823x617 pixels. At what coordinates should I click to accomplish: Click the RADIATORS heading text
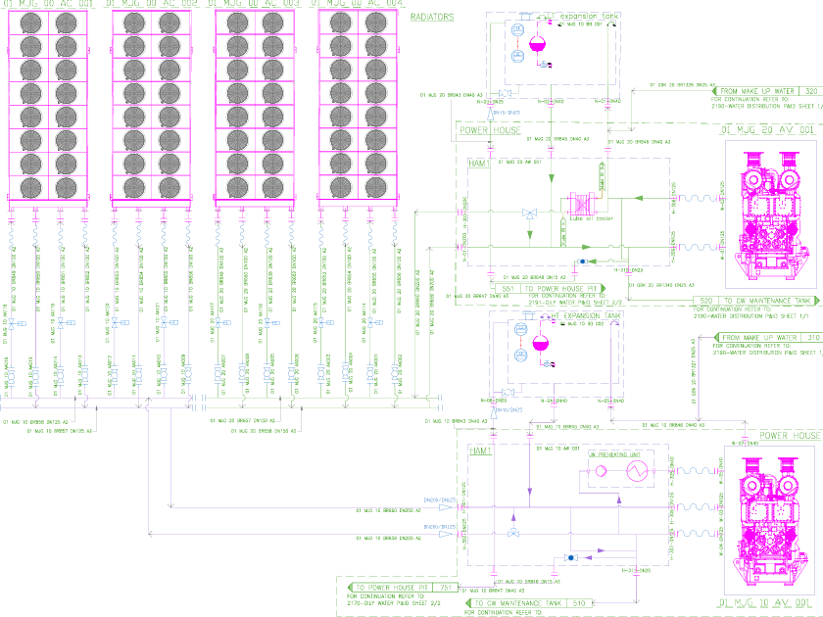pos(435,18)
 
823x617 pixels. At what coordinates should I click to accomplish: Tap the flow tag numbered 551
pos(508,290)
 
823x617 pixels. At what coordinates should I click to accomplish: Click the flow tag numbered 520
pos(704,301)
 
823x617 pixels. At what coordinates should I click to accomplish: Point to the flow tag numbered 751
pos(446,588)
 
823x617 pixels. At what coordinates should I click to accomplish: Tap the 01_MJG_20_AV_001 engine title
pos(767,129)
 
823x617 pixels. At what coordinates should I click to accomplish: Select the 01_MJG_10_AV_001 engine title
pos(767,603)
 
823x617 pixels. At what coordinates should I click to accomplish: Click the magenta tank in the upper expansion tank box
pos(536,43)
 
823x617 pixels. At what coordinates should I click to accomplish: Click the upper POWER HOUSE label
pos(489,129)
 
